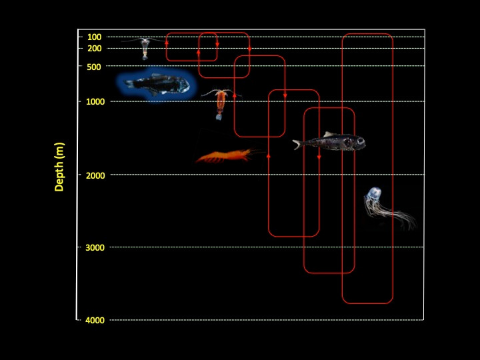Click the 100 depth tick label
coord(94,37)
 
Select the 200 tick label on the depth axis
coord(94,49)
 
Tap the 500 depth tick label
coord(94,67)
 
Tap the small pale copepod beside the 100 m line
coord(145,47)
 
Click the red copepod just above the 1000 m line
coord(220,104)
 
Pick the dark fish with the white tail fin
coord(330,143)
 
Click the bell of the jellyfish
coord(373,197)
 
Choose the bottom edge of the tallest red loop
coord(367,303)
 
